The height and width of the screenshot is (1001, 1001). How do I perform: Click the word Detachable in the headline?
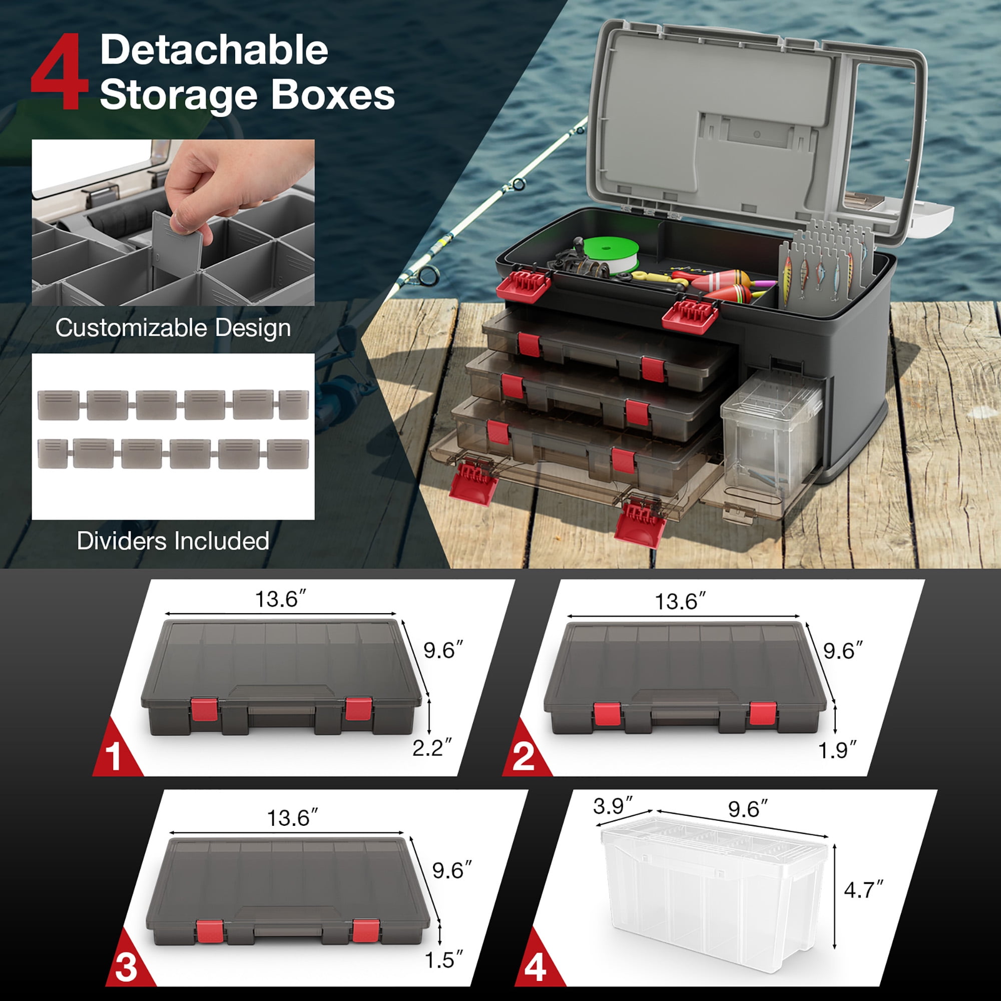pos(214,50)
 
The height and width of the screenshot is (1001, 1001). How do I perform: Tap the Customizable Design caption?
pos(173,328)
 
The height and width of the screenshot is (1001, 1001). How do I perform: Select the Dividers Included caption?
pos(173,541)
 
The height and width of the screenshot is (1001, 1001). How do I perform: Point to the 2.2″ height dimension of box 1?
pos(431,748)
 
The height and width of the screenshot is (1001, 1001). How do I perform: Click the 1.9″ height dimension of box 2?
pos(837,750)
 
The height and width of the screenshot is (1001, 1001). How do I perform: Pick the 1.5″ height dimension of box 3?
pos(443,960)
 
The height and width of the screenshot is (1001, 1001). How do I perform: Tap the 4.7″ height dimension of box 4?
pos(863,890)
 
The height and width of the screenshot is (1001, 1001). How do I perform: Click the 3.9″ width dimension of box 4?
pos(613,806)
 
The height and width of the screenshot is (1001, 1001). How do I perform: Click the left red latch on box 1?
pos(204,709)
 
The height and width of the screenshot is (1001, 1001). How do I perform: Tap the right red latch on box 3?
pos(365,931)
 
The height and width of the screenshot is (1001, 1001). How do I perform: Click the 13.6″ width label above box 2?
pos(680,602)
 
